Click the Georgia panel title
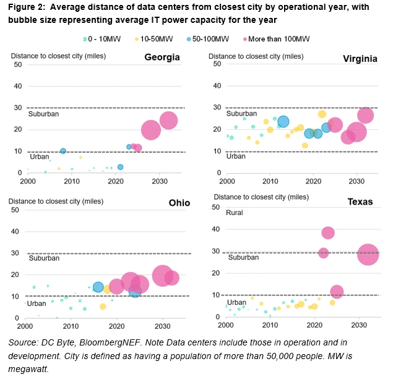coord(162,57)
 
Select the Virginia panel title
coord(361,58)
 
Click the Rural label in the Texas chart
coord(234,213)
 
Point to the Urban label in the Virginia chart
coord(235,156)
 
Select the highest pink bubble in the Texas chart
coord(328,232)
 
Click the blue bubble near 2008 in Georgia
coord(63,151)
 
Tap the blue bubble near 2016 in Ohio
coord(98,287)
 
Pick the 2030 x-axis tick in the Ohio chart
coord(162,326)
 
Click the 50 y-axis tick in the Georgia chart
coord(19,64)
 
